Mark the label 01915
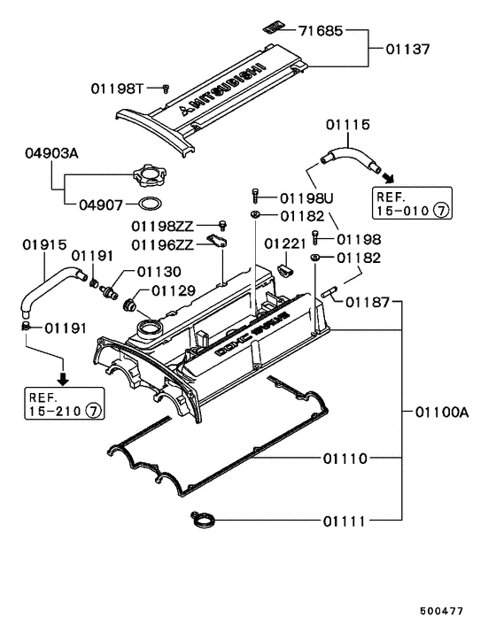pyautogui.click(x=43, y=243)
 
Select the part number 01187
pyautogui.click(x=368, y=302)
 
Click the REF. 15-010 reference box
pyautogui.click(x=413, y=204)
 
